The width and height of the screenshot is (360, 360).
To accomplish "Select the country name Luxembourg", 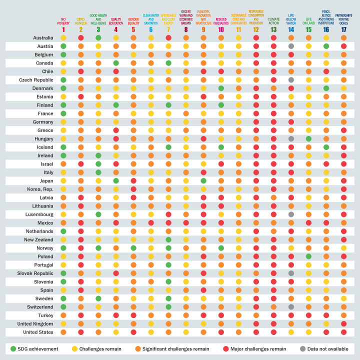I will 39,214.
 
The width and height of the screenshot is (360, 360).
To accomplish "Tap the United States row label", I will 38,331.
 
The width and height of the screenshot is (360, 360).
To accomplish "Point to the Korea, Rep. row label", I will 39,189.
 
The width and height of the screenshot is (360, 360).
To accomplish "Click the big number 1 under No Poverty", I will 63,30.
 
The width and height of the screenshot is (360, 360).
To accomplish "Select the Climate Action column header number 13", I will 273,30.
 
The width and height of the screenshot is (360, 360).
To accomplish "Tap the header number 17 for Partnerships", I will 343,30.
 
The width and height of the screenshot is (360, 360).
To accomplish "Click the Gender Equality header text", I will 133,21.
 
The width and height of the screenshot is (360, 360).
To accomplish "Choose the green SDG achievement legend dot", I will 13,348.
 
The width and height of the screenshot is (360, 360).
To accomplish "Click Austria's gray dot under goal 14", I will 291,46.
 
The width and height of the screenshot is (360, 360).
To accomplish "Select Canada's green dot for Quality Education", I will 116,63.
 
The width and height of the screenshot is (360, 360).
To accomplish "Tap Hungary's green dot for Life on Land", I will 308,138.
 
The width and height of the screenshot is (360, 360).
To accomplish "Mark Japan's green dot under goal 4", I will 116,180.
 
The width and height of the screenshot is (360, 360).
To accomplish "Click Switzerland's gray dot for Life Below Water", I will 291,306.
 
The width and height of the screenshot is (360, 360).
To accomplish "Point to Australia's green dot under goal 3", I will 98,38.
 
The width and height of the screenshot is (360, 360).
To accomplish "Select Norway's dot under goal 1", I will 63,247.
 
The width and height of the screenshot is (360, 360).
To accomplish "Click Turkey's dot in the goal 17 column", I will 343,315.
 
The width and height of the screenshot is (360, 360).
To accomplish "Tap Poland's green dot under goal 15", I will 308,256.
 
